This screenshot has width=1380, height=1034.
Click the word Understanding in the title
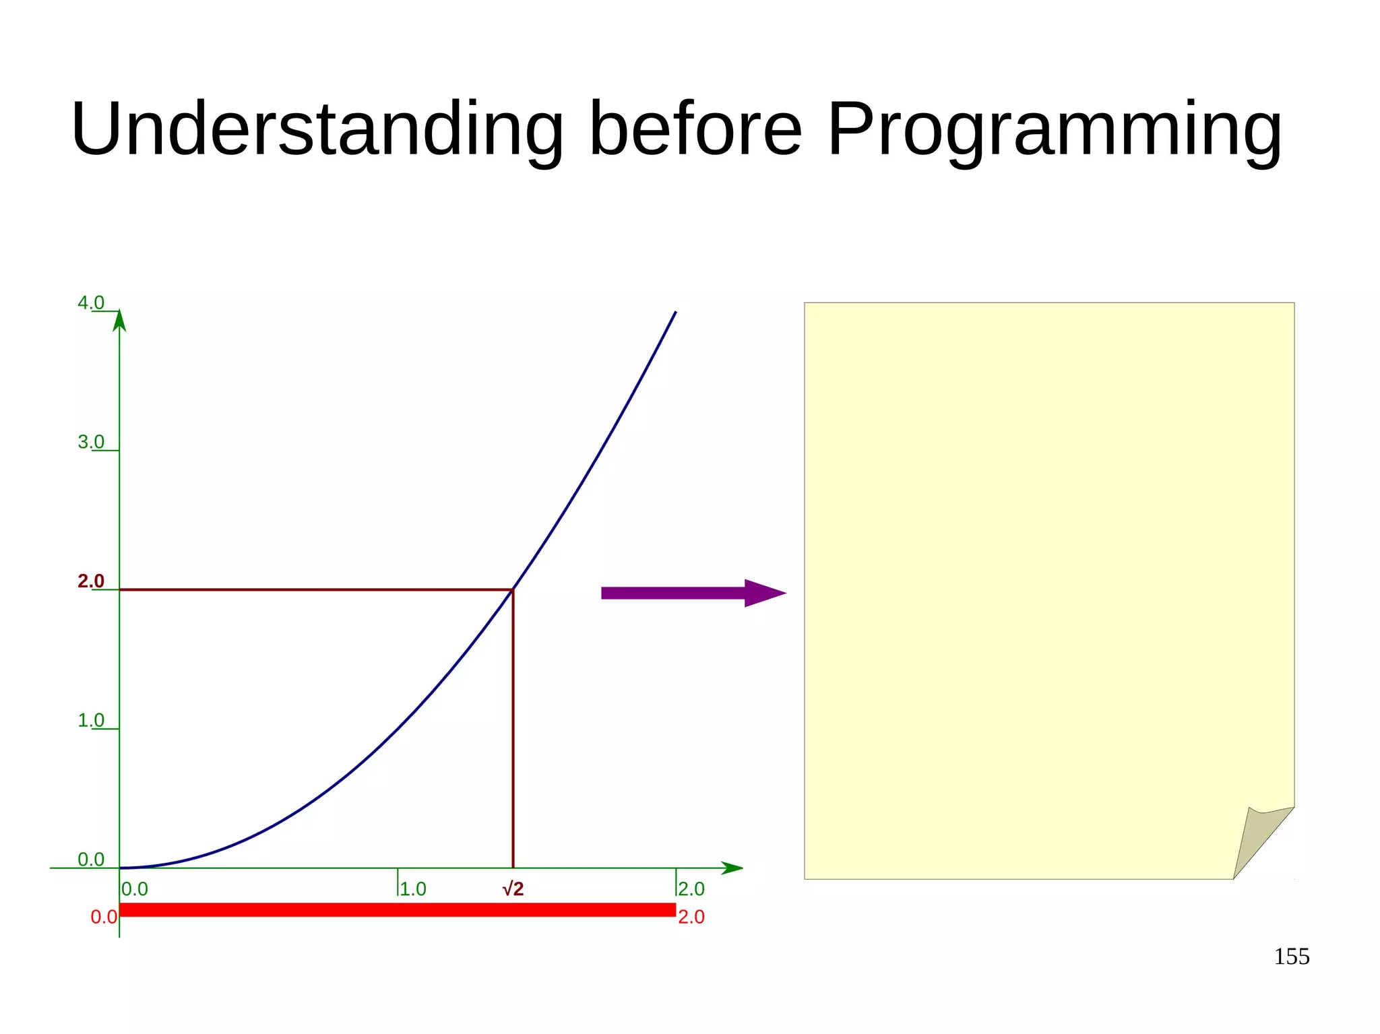[x=317, y=129]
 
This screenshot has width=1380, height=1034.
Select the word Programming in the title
[x=1055, y=129]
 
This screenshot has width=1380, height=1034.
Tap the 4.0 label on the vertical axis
[x=91, y=303]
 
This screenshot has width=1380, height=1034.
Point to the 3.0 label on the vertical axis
[x=91, y=442]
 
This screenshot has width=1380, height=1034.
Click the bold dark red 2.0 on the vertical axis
[x=91, y=581]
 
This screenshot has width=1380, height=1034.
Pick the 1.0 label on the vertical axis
[x=91, y=720]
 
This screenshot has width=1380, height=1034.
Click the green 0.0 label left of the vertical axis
[x=91, y=860]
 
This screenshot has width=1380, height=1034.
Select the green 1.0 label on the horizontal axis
[x=413, y=889]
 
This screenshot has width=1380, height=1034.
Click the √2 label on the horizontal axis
[x=513, y=889]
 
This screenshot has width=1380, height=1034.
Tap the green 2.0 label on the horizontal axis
[x=691, y=889]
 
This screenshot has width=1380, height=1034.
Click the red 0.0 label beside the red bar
[x=104, y=917]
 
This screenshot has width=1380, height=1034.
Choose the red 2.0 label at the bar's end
[x=691, y=917]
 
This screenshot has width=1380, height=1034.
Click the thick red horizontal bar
[x=398, y=910]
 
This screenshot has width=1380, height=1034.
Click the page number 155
[x=1291, y=957]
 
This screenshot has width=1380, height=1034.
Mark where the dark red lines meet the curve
[x=513, y=590]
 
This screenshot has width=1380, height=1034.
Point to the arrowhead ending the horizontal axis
[x=732, y=868]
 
